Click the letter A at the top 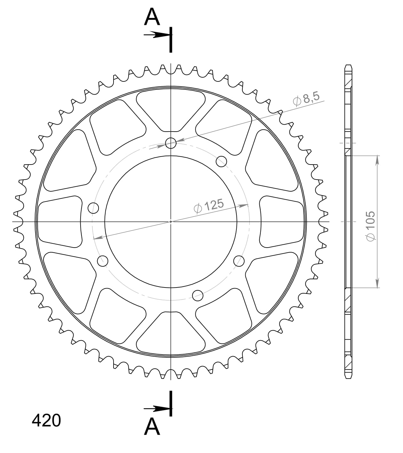[x=152, y=18]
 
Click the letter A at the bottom [x=152, y=427]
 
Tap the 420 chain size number [x=46, y=421]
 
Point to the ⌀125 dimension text [x=209, y=206]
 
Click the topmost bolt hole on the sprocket [x=171, y=143]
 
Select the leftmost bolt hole [x=93, y=208]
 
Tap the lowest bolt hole [x=198, y=296]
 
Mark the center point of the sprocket [x=171, y=221]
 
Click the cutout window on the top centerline [x=171, y=110]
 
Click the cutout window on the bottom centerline [x=171, y=332]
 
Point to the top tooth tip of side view [x=348, y=66]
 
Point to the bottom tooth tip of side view [x=348, y=378]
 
